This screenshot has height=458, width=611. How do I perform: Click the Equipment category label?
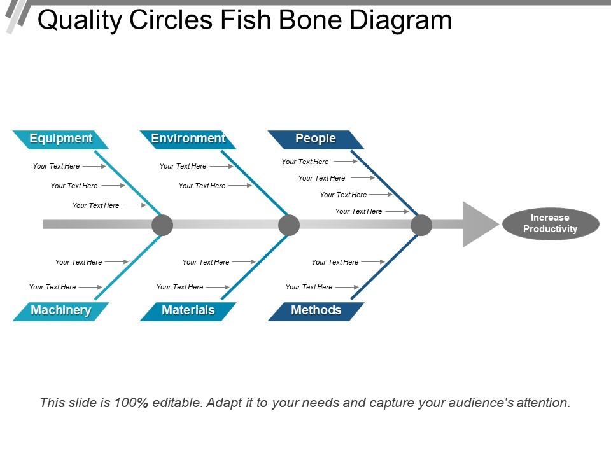(61, 139)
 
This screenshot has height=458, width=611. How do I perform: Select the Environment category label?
(188, 139)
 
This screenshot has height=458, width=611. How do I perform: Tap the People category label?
(316, 139)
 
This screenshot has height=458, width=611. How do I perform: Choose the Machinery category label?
(61, 310)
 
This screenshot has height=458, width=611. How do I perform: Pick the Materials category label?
(188, 310)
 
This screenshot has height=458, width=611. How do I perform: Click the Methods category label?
(316, 310)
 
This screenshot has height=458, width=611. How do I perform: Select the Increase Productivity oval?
(551, 223)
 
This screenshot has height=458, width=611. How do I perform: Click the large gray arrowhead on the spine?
(478, 224)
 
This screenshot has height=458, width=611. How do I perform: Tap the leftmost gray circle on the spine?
(162, 225)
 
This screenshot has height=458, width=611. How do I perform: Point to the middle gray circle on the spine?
(289, 225)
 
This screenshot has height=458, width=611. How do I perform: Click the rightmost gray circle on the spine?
(421, 225)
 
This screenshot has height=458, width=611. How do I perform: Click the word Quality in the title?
(80, 20)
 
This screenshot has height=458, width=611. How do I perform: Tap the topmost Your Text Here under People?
(305, 162)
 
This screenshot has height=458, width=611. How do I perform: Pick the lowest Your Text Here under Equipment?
(96, 205)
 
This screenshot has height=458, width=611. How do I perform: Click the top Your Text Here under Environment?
(183, 166)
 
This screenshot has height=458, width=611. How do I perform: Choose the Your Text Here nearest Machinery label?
(53, 287)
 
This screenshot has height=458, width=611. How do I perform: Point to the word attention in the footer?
(539, 403)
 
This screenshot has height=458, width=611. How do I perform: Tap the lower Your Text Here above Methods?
(309, 287)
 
